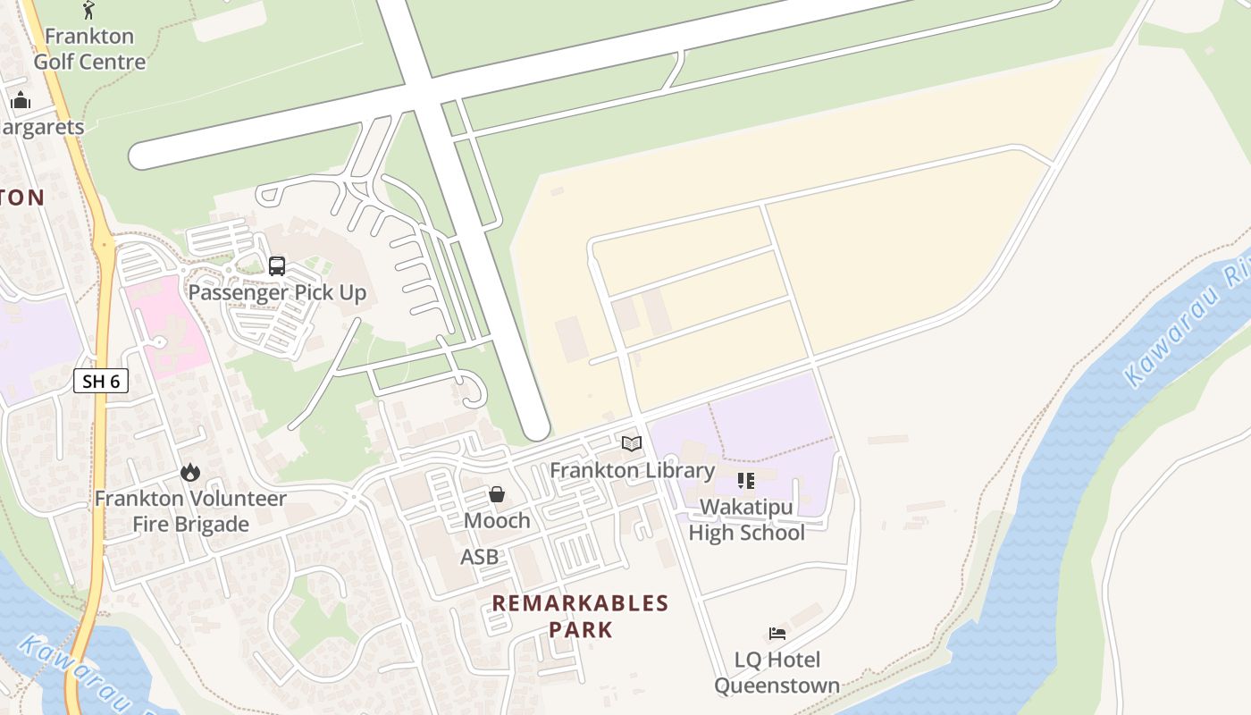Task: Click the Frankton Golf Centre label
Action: [x=89, y=49]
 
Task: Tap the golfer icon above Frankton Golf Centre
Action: [x=88, y=10]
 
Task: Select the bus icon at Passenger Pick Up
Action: [x=277, y=265]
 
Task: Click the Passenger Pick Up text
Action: [x=277, y=292]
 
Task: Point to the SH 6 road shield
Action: [x=101, y=382]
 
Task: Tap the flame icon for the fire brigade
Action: [x=190, y=472]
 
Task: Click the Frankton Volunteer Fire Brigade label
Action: [x=190, y=511]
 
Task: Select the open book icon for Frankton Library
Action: [x=632, y=443]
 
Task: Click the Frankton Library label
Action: [x=632, y=470]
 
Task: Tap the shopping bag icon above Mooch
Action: [x=497, y=494]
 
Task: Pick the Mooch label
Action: [x=497, y=520]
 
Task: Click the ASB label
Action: [x=479, y=558]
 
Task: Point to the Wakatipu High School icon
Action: [x=746, y=481]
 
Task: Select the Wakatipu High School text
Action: [x=746, y=520]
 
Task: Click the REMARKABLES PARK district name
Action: [x=580, y=616]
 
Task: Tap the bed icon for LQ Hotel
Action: [x=777, y=634]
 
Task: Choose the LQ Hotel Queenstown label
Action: [x=777, y=673]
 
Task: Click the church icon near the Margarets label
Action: [x=21, y=100]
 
